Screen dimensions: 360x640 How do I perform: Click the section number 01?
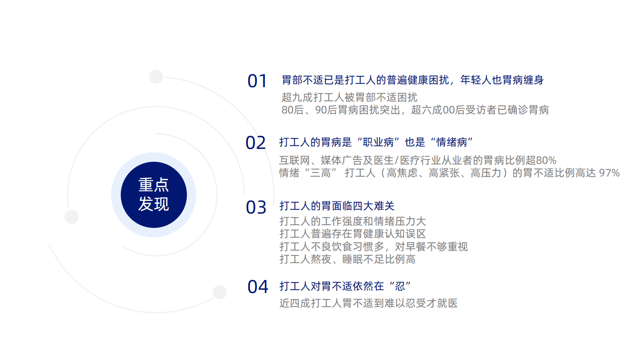point(257,81)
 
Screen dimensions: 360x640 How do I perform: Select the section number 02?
point(256,143)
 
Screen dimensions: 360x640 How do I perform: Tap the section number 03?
point(256,207)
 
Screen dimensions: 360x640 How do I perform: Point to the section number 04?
point(258,287)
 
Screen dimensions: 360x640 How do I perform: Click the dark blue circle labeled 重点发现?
point(154,195)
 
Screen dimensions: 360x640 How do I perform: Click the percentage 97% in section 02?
point(609,173)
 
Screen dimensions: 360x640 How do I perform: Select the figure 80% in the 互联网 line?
point(546,160)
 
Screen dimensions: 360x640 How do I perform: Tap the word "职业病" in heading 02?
point(378,142)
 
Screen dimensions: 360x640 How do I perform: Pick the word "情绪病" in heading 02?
point(451,142)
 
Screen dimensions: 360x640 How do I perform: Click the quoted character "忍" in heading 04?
point(400,286)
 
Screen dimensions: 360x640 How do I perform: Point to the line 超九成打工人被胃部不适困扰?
point(349,97)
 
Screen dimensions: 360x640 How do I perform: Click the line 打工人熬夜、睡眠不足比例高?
point(347,259)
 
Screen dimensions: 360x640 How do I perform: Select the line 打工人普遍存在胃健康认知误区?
point(352,234)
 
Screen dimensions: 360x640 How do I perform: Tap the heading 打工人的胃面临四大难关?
point(337,206)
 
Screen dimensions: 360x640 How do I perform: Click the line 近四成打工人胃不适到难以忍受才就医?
point(368,303)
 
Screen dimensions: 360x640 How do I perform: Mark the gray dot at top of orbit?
point(156,76)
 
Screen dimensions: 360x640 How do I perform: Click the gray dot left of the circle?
point(72,217)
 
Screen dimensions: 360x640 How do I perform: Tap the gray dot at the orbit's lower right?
point(220,292)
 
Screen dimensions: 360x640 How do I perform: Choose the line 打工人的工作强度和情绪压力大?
point(352,221)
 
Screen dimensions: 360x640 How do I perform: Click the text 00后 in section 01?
point(454,110)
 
